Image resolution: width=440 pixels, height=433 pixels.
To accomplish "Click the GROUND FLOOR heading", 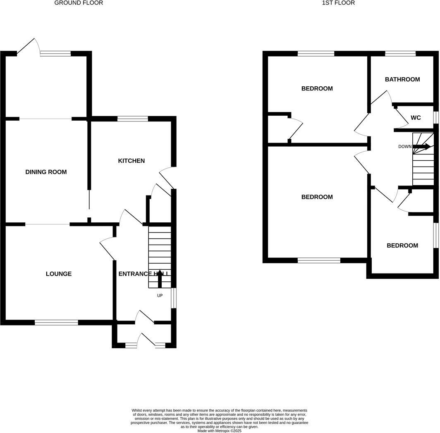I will point(79,3).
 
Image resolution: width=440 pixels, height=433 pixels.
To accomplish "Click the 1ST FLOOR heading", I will point(338,3).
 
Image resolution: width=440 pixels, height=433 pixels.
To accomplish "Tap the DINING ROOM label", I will point(46,172).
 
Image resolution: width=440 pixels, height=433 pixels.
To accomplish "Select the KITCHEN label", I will point(132,161).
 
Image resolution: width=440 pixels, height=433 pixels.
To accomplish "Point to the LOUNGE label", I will point(59,274).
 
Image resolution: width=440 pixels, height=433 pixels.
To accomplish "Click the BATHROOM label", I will point(402,79).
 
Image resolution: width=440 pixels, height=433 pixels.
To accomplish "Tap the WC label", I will point(416,118).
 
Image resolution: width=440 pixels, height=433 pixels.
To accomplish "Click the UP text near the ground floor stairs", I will point(160,295).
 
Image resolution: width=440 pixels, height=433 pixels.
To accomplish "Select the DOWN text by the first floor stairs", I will point(405,147).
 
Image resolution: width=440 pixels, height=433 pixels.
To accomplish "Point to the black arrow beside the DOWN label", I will point(422,146).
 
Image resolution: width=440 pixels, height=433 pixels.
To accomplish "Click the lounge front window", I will point(56,322).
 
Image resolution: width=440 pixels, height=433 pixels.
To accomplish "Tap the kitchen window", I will point(133,119).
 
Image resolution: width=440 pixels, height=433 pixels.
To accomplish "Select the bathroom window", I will point(400,53).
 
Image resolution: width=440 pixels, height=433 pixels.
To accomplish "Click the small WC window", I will point(435,117).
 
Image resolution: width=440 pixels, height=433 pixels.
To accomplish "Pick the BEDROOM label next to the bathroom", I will point(317,88).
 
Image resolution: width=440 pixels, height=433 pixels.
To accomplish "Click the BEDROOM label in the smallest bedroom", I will point(402,245).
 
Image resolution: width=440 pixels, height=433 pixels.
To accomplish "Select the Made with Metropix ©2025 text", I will point(219,431).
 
